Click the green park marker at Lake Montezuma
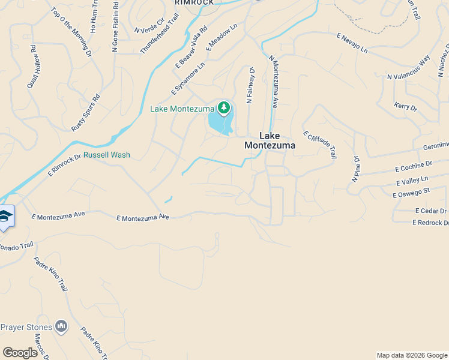(x=224, y=108)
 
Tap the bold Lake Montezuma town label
(x=270, y=140)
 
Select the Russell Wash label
(x=107, y=155)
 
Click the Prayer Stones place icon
(x=61, y=326)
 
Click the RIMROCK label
(x=194, y=3)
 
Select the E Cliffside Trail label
(x=319, y=145)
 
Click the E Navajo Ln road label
(x=352, y=45)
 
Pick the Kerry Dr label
(x=405, y=107)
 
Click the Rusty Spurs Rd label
(x=86, y=113)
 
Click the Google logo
(x=20, y=353)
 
